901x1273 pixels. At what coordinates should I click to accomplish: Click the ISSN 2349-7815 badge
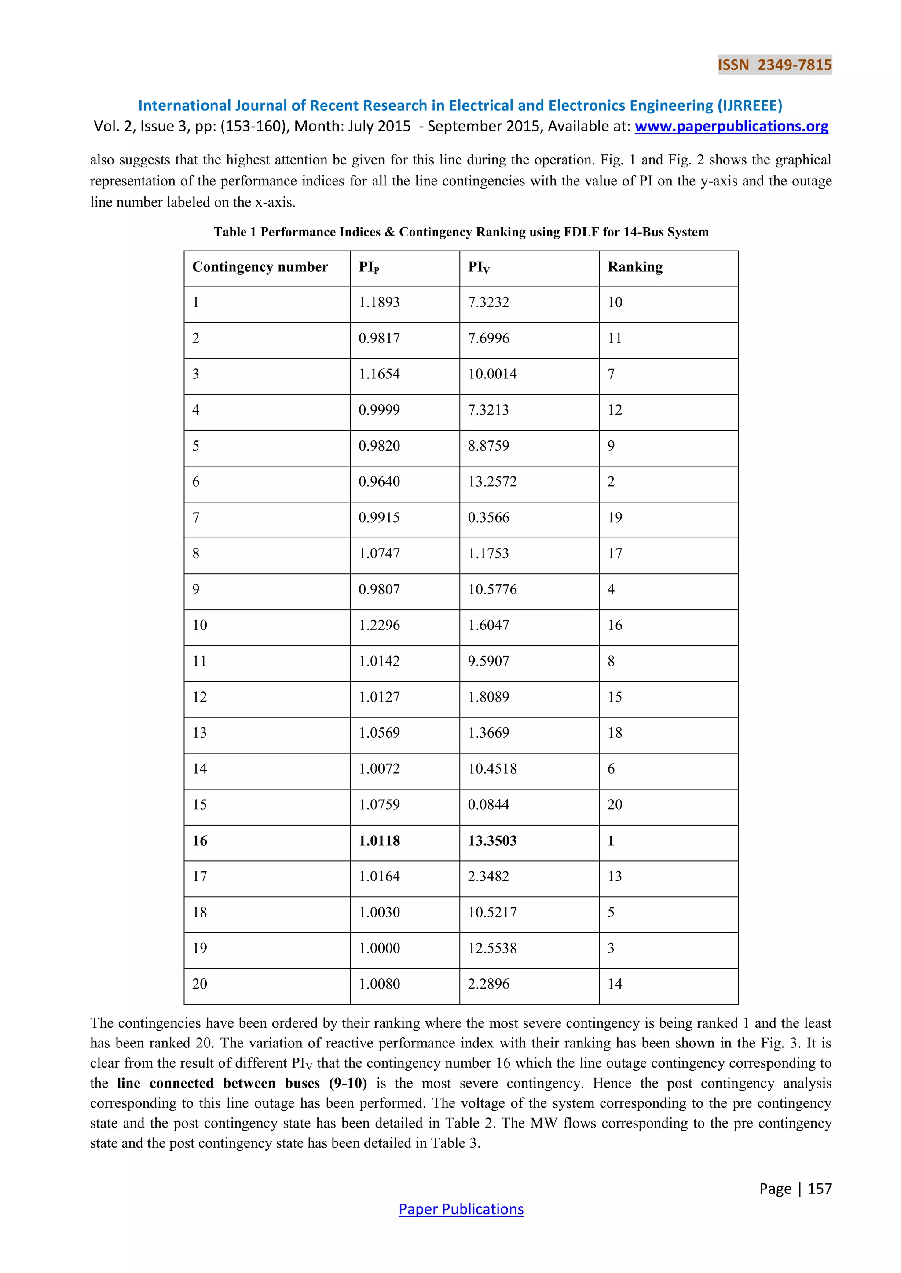(x=774, y=65)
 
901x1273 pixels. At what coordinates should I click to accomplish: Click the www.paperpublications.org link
(x=731, y=127)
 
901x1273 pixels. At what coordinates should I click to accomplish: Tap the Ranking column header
(x=635, y=267)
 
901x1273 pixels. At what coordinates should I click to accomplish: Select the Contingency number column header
(x=260, y=267)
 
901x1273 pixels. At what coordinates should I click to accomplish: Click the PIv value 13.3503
(x=492, y=840)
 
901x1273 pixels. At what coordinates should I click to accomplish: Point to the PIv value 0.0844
(x=488, y=804)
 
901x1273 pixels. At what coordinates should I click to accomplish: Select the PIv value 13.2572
(x=492, y=481)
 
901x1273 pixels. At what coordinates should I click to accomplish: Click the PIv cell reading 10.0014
(x=492, y=374)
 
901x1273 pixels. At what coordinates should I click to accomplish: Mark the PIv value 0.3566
(x=488, y=517)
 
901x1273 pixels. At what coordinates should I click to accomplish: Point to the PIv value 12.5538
(x=492, y=948)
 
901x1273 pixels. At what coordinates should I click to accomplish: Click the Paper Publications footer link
(x=461, y=1209)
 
